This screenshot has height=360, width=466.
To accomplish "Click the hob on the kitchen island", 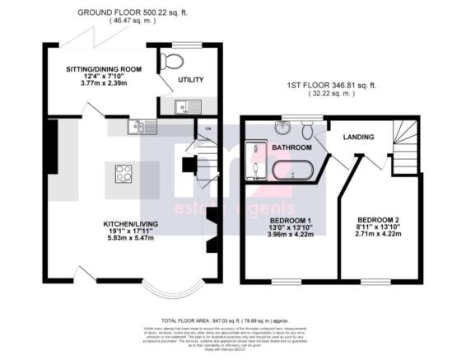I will click(124, 173).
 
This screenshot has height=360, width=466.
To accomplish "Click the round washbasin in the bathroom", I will click(282, 129).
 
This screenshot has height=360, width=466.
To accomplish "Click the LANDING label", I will click(358, 137).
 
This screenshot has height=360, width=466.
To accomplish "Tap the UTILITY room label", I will click(191, 80).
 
